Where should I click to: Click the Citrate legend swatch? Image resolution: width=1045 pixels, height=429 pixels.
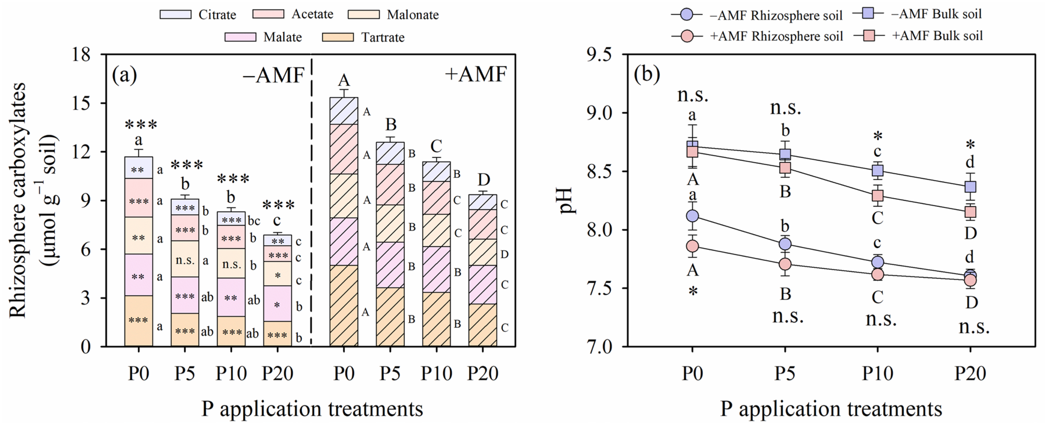pos(175,15)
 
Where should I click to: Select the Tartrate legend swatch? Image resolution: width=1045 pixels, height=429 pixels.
pos(338,37)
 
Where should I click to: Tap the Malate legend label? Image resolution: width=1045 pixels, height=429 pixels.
pos(282,37)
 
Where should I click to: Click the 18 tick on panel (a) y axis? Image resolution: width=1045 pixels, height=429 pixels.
pos(81,54)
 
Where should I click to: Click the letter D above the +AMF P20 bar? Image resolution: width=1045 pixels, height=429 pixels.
pos(483,180)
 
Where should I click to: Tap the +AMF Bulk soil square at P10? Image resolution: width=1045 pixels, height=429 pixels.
pos(877,196)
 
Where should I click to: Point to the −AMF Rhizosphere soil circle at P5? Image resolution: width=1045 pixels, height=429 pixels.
pos(785,244)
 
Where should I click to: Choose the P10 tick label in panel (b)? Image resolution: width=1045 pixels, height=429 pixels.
pos(877,373)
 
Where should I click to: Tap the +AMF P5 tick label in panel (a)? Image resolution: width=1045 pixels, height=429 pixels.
pos(390,373)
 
